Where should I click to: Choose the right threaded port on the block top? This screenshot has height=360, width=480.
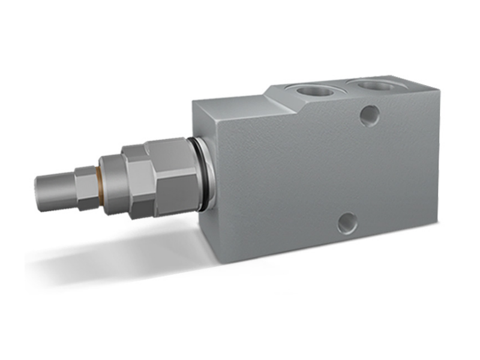pyautogui.click(x=375, y=85)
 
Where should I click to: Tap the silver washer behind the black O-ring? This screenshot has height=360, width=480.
pyautogui.click(x=206, y=174)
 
